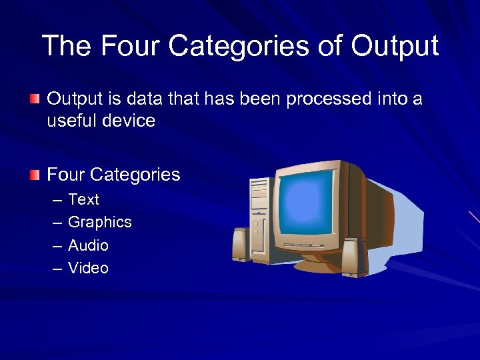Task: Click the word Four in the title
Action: click(131, 46)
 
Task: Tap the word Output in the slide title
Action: click(395, 46)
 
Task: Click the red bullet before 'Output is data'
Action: click(35, 99)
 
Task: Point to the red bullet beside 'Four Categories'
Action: click(35, 175)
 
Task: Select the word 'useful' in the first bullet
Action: click(67, 121)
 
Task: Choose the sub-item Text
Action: click(83, 199)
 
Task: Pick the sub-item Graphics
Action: click(100, 222)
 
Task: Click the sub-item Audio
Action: click(88, 245)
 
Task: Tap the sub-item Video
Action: click(88, 268)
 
